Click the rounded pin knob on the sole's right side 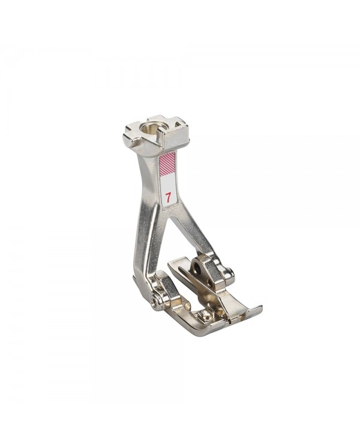point(229,275)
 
